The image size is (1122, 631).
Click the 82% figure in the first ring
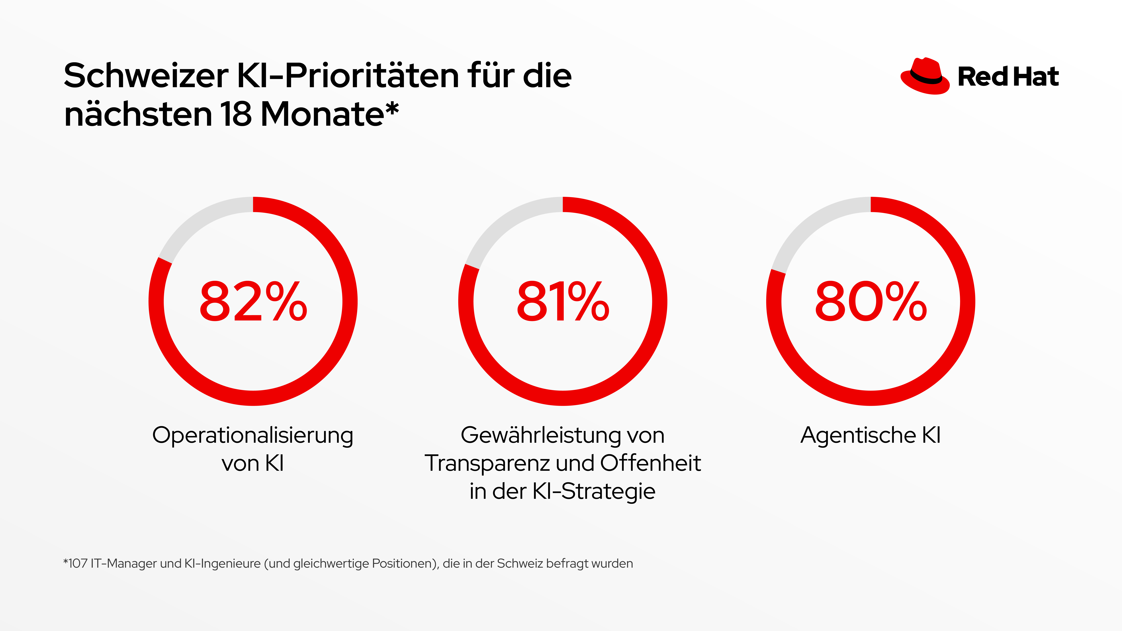[x=253, y=302]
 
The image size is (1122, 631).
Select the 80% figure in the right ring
[x=871, y=302]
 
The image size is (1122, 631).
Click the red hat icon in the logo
[x=924, y=76]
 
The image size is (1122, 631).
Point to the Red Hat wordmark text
[x=1008, y=77]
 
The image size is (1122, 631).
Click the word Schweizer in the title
[x=146, y=76]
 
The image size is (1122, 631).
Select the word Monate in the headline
[x=322, y=114]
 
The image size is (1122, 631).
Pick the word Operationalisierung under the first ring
[x=253, y=435]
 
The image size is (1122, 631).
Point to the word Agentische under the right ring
[x=858, y=435]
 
